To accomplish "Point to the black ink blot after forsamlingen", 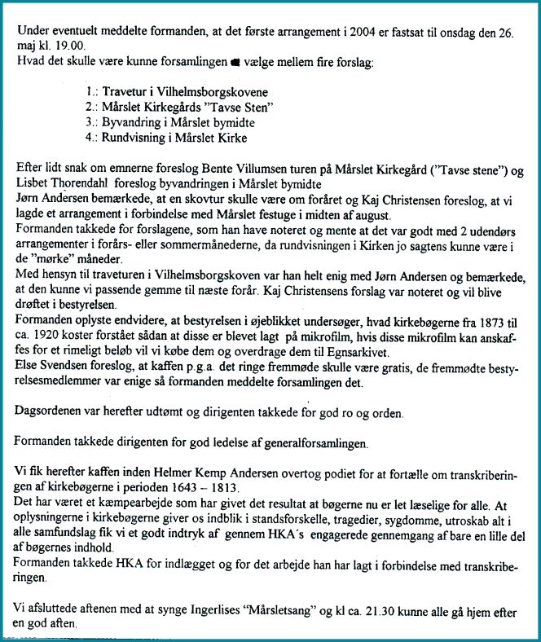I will [235, 64].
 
